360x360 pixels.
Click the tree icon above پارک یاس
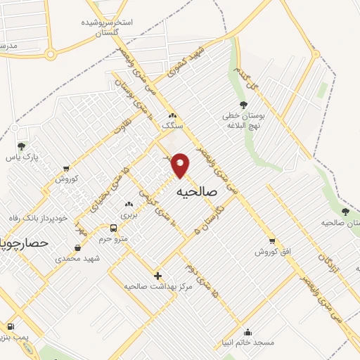coord(21,147)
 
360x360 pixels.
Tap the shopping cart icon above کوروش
coord(66,169)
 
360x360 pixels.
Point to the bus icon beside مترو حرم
coord(113,228)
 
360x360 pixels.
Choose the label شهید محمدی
coord(78,258)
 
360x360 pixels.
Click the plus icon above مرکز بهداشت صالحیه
coord(157,276)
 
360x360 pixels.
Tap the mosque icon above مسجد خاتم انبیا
coord(247,332)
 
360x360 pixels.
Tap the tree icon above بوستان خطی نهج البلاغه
coord(243,105)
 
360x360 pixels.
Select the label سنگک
coord(172,124)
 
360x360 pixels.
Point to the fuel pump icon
coord(11,327)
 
